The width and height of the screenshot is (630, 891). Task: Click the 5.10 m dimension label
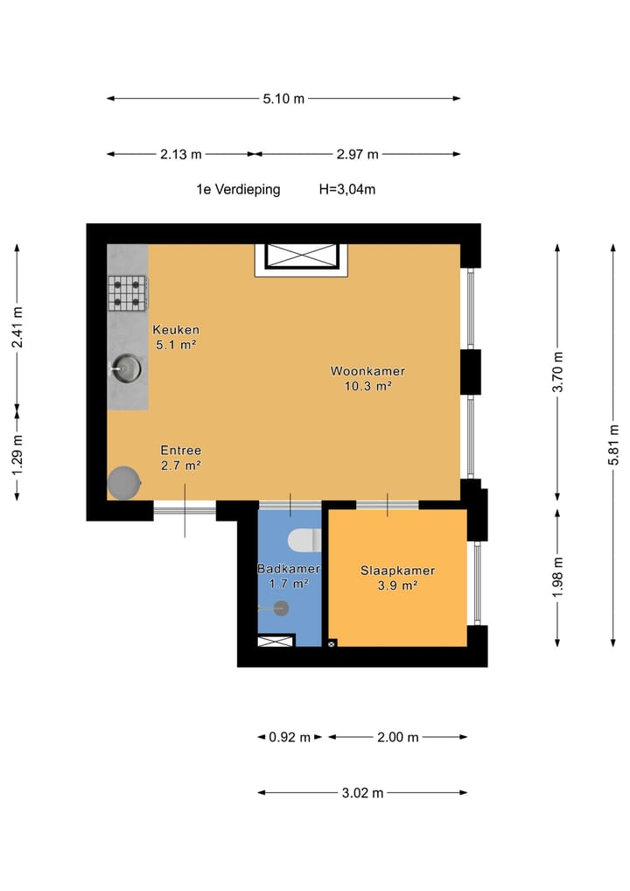pyautogui.click(x=283, y=99)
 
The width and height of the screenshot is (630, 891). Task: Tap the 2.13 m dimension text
pyautogui.click(x=180, y=154)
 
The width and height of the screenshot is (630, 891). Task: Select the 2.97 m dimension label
pyautogui.click(x=357, y=154)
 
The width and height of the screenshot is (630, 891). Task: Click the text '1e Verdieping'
pyautogui.click(x=238, y=189)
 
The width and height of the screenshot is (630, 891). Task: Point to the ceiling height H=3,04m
pyautogui.click(x=347, y=189)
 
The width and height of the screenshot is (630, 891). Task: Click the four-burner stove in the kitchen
pyautogui.click(x=128, y=293)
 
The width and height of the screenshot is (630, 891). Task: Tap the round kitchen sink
pyautogui.click(x=125, y=369)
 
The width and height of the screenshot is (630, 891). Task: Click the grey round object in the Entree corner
pyautogui.click(x=123, y=482)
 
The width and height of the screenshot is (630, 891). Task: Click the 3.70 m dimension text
pyautogui.click(x=559, y=374)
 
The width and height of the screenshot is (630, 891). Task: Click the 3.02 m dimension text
pyautogui.click(x=362, y=793)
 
